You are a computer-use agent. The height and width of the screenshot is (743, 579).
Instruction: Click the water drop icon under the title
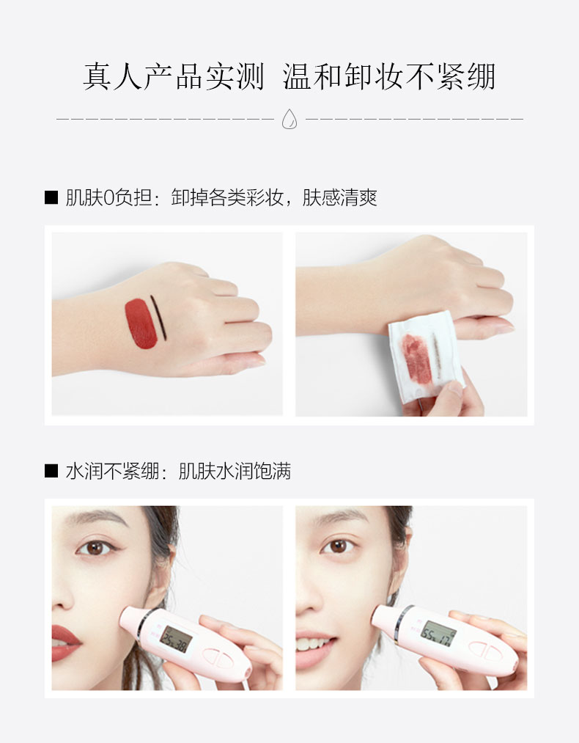(x=289, y=119)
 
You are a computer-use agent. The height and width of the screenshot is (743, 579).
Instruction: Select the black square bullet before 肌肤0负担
(x=51, y=197)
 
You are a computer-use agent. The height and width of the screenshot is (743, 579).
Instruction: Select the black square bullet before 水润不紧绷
(x=51, y=471)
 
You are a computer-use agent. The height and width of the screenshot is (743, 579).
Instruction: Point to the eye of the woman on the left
(x=95, y=548)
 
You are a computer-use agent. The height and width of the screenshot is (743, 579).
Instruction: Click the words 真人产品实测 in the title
(x=173, y=77)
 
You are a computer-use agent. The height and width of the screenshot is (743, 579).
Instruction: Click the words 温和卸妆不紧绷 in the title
(x=389, y=77)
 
